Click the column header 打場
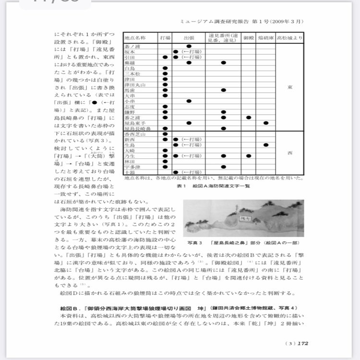[x=165, y=37]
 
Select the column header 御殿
[x=248, y=37]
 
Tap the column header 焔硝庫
[x=265, y=37]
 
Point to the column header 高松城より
[x=289, y=37]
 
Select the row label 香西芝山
[x=134, y=134]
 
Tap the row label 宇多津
[x=132, y=167]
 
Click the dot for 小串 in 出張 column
[x=189, y=101]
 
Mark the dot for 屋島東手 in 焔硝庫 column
[x=265, y=123]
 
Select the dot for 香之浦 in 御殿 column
[x=248, y=117]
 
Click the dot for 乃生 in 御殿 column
[x=248, y=156]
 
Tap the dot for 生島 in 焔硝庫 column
[x=265, y=145]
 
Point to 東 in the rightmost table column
[x=289, y=87]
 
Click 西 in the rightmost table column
[x=289, y=153]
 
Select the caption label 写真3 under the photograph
[x=193, y=243]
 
